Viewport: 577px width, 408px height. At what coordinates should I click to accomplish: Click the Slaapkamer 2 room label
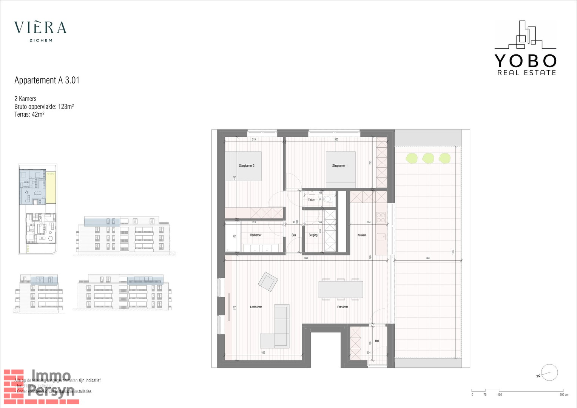(247, 166)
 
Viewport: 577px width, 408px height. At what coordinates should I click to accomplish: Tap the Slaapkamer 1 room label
(340, 166)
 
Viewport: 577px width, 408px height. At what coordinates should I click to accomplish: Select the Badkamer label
(256, 235)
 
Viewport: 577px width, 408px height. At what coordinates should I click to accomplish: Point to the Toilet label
(311, 200)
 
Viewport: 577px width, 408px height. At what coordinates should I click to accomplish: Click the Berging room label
(313, 235)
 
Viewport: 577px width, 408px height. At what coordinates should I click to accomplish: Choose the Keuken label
(362, 235)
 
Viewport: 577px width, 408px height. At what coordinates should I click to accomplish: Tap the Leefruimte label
(256, 307)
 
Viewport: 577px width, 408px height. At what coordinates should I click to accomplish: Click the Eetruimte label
(342, 307)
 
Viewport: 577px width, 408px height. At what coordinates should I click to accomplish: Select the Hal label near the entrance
(377, 341)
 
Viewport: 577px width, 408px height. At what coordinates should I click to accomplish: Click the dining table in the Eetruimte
(341, 289)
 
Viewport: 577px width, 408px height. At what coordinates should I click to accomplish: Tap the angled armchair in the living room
(268, 282)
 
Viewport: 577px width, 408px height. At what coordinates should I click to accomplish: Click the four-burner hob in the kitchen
(381, 218)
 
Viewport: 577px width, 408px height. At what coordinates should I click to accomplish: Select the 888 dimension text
(305, 258)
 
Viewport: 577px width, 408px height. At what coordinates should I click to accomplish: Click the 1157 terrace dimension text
(453, 252)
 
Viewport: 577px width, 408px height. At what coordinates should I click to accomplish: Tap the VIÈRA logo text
(40, 28)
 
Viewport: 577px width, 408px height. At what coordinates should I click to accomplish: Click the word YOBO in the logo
(525, 61)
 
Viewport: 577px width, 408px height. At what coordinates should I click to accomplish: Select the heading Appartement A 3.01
(47, 80)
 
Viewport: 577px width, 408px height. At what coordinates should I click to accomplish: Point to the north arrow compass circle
(549, 372)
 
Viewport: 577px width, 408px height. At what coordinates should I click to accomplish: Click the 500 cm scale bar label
(564, 395)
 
